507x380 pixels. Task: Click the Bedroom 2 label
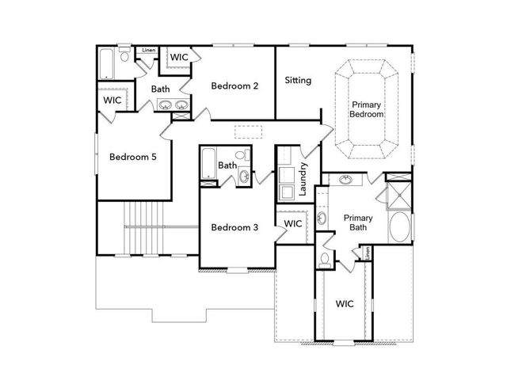click(234, 85)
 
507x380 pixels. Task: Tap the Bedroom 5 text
click(132, 157)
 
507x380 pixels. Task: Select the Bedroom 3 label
click(234, 228)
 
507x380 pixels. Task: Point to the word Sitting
click(298, 80)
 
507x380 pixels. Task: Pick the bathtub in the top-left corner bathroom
click(108, 63)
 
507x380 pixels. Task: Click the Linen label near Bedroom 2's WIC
click(148, 51)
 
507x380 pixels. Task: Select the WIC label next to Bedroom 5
click(112, 101)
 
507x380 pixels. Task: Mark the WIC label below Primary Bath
click(345, 303)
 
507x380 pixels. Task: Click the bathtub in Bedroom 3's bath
click(209, 163)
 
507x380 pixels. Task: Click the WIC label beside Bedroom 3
click(293, 224)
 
